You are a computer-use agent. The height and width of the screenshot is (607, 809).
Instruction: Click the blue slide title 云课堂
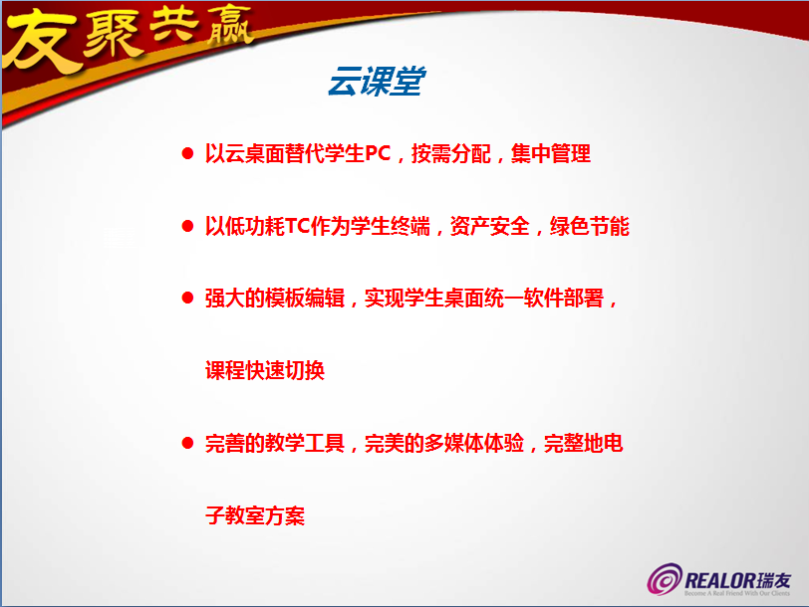[x=377, y=81]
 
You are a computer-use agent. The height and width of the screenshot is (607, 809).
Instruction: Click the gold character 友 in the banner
[x=41, y=41]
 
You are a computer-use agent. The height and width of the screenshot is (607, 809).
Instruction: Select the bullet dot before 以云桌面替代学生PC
[x=187, y=153]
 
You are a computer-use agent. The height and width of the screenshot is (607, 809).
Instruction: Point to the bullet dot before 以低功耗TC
[x=187, y=226]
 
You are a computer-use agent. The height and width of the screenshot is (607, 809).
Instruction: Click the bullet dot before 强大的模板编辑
[x=187, y=298]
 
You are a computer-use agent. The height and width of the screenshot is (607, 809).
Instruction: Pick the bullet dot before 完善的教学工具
[x=187, y=443]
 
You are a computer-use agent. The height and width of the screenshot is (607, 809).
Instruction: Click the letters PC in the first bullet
[x=379, y=153]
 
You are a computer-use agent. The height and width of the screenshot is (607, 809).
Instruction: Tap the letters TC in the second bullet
[x=297, y=226]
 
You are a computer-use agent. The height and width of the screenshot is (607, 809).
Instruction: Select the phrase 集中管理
[x=551, y=153]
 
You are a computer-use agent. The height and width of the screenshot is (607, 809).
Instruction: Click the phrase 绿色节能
[x=590, y=226]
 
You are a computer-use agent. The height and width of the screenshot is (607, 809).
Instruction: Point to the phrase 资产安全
[x=490, y=226]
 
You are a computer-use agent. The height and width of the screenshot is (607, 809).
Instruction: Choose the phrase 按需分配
[x=451, y=153]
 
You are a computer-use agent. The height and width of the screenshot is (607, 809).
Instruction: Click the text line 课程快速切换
[x=265, y=370]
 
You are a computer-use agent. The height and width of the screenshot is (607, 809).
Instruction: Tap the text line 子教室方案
[x=255, y=515]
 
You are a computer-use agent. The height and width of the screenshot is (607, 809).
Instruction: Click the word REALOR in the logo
[x=719, y=581]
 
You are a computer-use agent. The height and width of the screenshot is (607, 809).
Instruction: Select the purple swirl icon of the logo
[x=666, y=579]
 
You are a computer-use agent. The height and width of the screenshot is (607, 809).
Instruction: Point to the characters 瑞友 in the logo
[x=773, y=581]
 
